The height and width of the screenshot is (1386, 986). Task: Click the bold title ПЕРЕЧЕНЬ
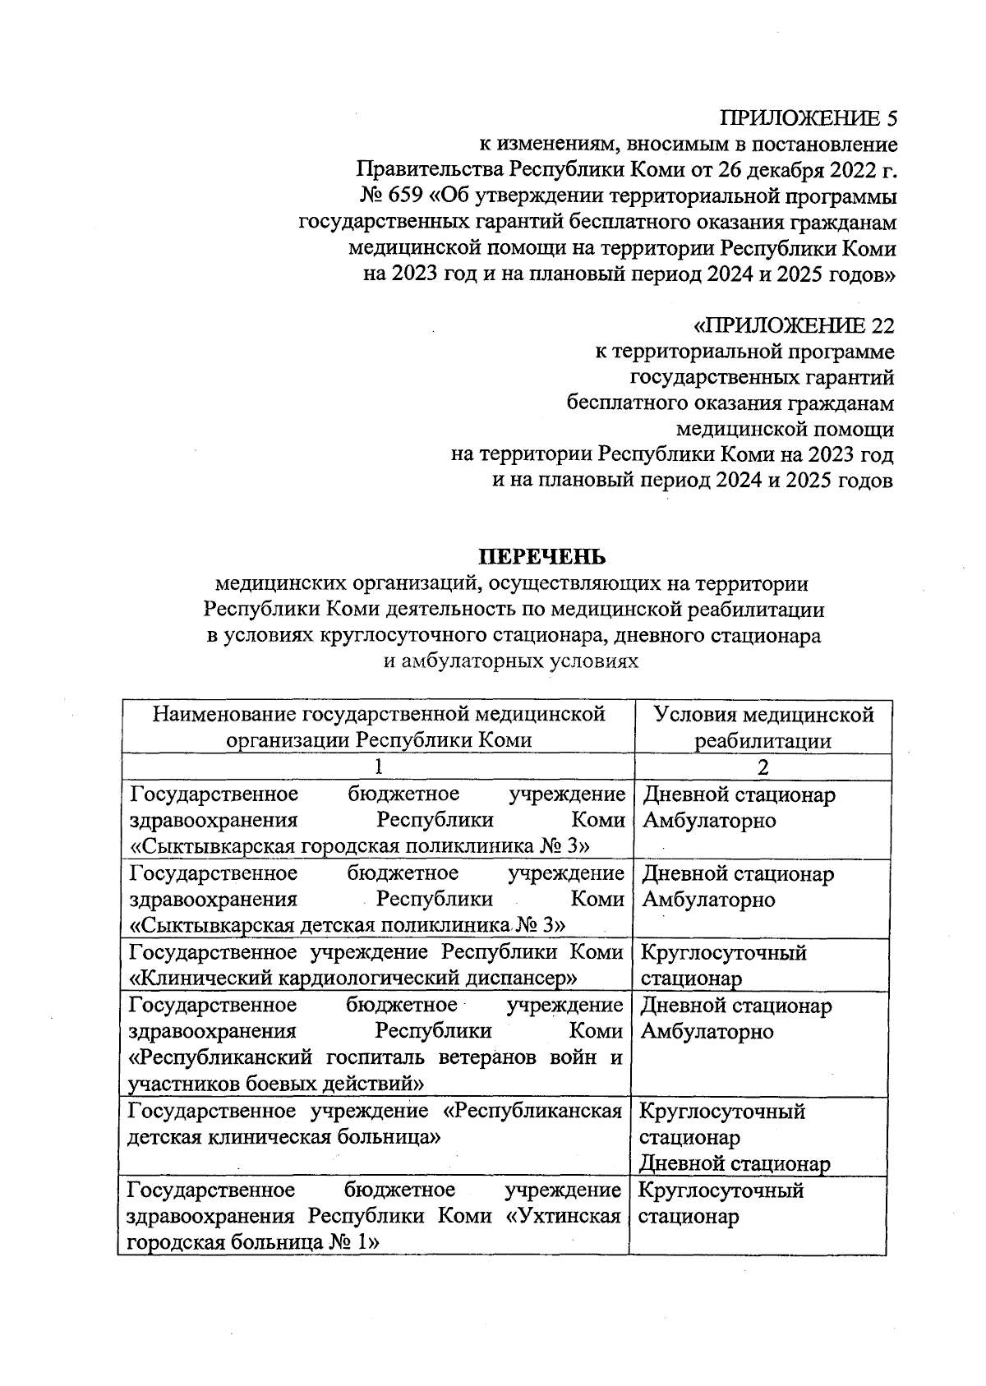pos(542,557)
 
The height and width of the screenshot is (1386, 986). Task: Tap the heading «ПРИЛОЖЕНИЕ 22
pos(794,326)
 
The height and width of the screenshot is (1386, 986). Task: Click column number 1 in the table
pos(378,767)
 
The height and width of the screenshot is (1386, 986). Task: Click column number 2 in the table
pos(763,767)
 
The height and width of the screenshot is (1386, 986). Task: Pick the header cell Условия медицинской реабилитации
pos(763,727)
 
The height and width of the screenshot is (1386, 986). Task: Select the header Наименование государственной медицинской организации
pos(379,727)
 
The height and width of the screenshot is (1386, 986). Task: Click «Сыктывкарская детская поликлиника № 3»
pos(348,925)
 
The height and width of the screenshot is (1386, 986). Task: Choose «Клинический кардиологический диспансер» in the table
pos(354,978)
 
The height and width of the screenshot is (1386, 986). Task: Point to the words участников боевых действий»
pos(277,1083)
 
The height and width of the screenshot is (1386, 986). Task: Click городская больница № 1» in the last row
pos(251,1241)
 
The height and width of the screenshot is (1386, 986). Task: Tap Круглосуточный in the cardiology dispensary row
pos(723,953)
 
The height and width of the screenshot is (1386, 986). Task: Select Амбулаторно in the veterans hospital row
pos(707,1032)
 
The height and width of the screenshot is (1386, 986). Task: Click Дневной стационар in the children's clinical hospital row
pos(735,1163)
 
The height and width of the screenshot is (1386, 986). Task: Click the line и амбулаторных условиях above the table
pos(512,661)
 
